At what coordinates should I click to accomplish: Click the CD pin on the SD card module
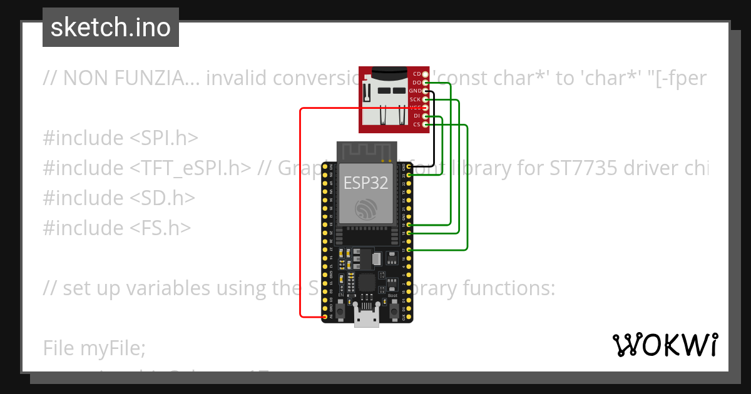point(426,74)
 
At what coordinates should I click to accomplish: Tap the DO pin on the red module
point(426,83)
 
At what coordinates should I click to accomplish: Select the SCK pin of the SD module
point(426,99)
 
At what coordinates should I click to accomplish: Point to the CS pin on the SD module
point(426,125)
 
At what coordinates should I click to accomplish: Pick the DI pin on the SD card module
point(426,116)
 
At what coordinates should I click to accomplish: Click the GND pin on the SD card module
point(426,91)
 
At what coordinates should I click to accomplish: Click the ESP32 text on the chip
point(366,183)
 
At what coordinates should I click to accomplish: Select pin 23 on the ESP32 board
point(409,176)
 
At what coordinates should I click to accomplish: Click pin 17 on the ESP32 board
point(409,250)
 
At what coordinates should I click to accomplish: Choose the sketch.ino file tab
point(111,28)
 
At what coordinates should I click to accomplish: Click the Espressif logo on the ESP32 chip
point(366,209)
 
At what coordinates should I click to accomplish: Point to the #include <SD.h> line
point(119,198)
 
